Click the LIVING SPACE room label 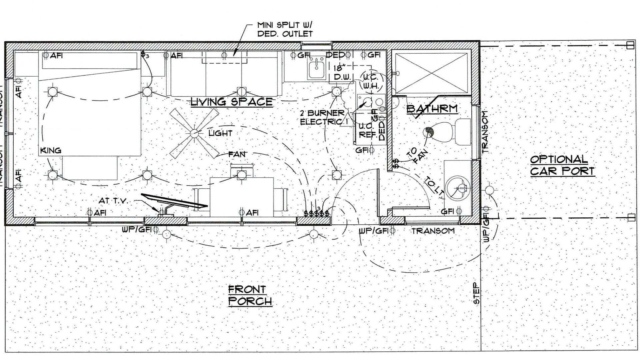[x=231, y=102]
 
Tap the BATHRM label [x=432, y=108]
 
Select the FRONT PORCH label [x=250, y=295]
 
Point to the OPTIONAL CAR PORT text [x=562, y=165]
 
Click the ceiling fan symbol [x=194, y=133]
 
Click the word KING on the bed [x=51, y=150]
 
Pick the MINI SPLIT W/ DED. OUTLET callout [x=285, y=29]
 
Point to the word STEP [x=477, y=293]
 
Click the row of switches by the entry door [x=316, y=213]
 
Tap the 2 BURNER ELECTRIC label [x=322, y=117]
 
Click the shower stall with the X [x=432, y=72]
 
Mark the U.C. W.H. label [x=370, y=82]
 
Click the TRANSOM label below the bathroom [x=432, y=231]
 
